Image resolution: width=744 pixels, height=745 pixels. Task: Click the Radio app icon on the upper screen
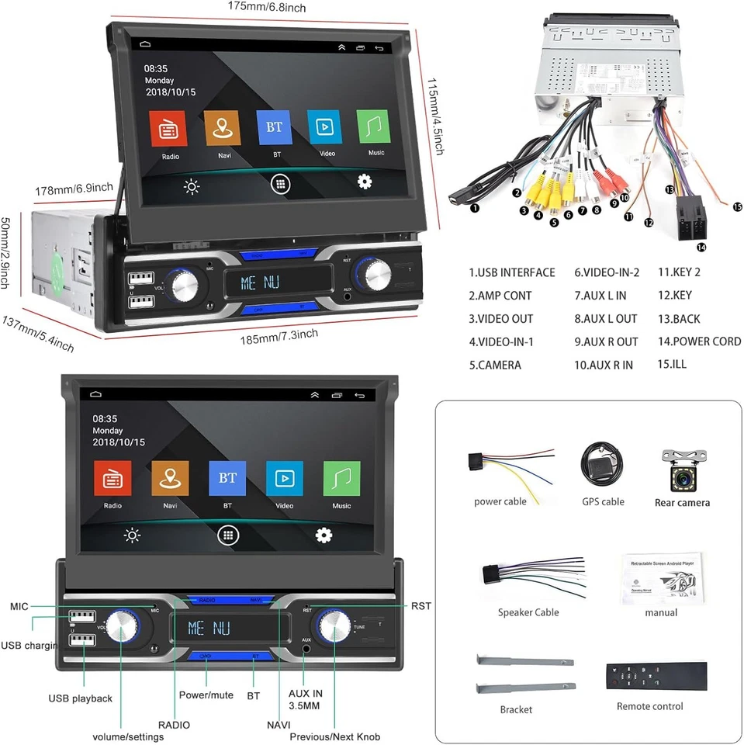(171, 130)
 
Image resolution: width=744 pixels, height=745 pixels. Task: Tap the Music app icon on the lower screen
(341, 478)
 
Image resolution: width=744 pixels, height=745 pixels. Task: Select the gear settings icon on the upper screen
(365, 182)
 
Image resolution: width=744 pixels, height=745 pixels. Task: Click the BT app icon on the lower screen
(227, 478)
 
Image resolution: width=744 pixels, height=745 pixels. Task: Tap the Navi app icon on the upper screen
(223, 128)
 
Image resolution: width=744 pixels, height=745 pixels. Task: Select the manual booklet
(661, 578)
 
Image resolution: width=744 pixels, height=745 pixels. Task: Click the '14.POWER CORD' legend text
(699, 341)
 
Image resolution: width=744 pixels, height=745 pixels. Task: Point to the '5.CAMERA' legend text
(495, 365)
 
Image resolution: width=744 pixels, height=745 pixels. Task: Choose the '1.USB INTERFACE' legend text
(512, 272)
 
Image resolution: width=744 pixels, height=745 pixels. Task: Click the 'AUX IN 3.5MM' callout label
(306, 700)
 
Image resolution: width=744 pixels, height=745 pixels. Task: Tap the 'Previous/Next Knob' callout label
(335, 736)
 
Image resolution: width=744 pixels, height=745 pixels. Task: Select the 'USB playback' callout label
(81, 698)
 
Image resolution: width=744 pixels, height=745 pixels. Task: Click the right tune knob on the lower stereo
(336, 625)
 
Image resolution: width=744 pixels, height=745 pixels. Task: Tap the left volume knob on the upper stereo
(186, 286)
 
